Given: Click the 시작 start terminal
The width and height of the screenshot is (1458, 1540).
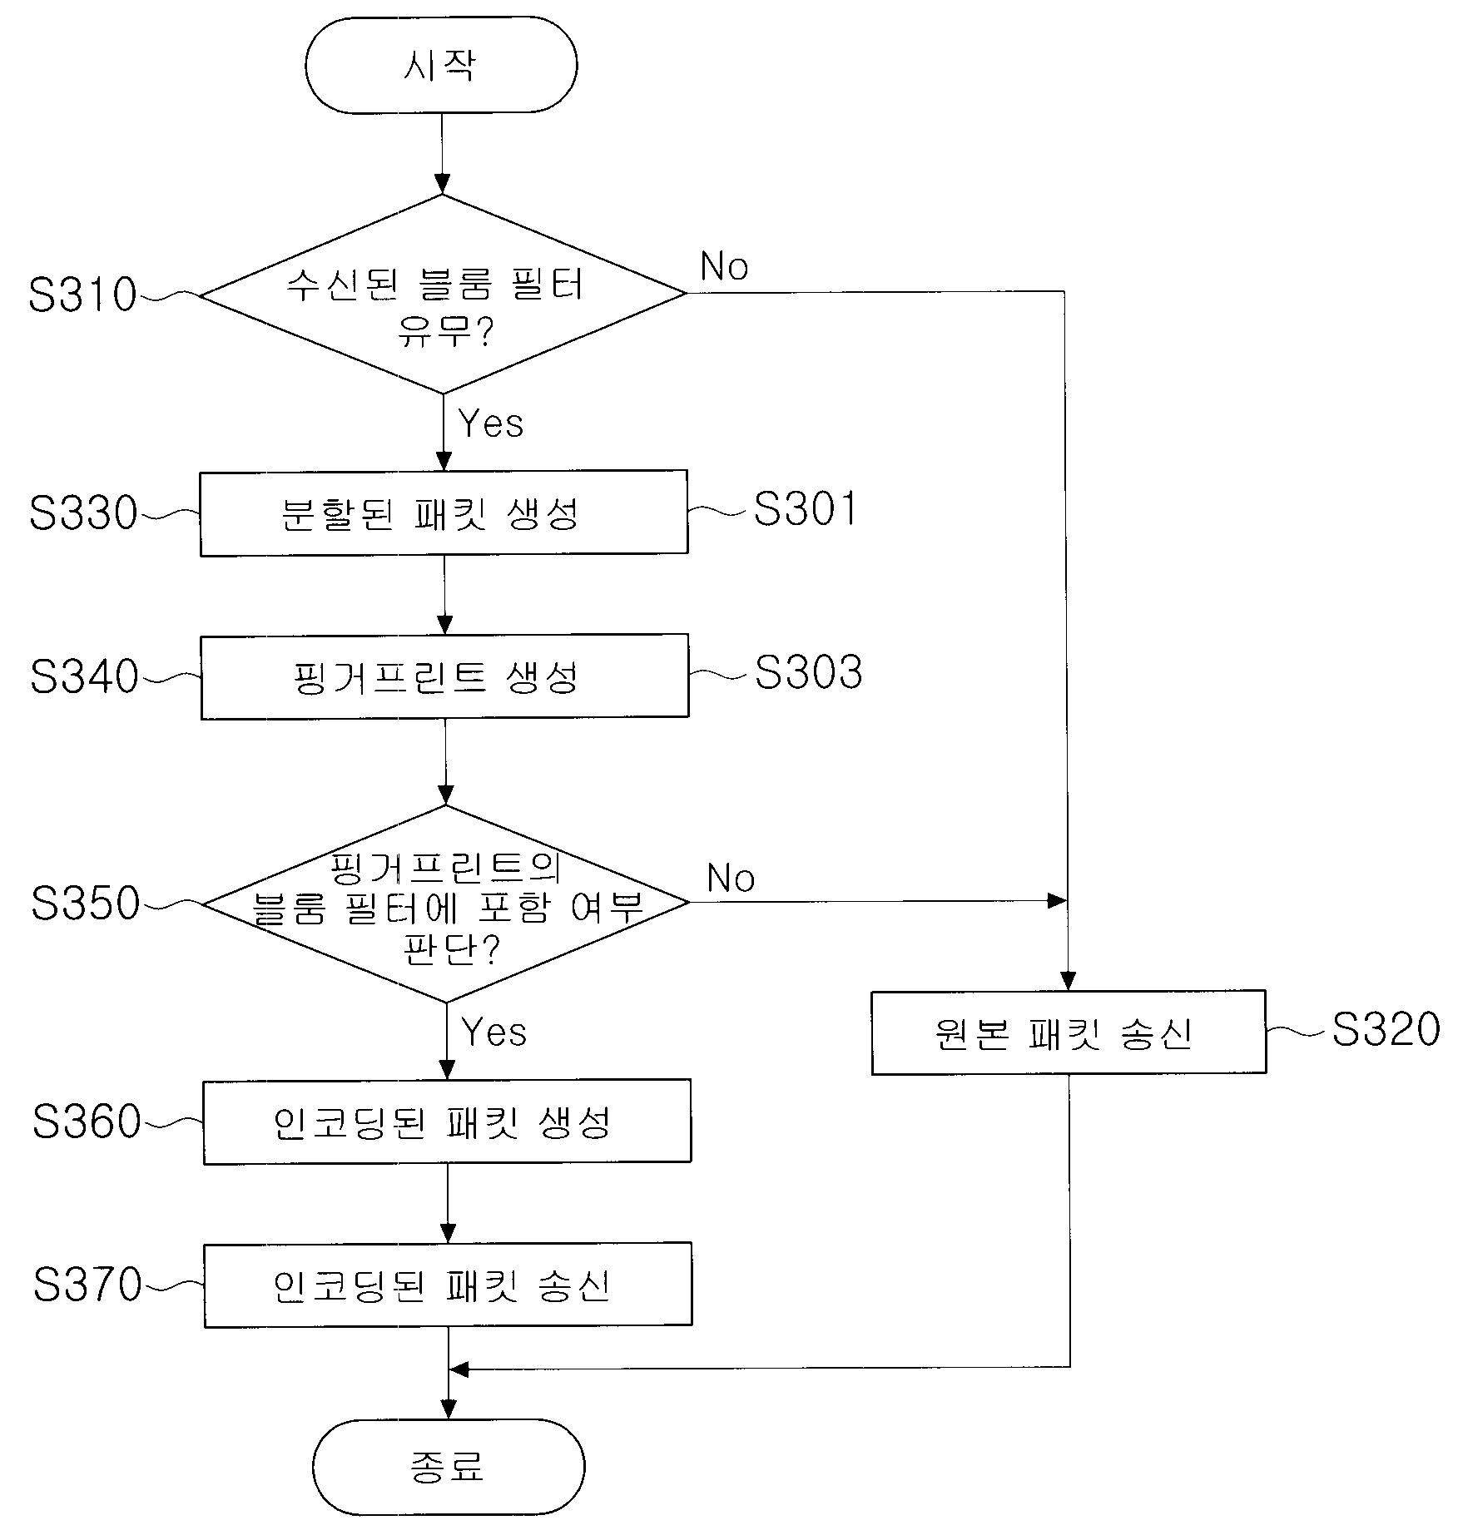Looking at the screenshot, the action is point(440,65).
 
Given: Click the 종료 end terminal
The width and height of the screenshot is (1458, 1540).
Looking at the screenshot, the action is point(448,1467).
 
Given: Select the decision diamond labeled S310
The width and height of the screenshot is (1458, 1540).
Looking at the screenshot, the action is point(443,294).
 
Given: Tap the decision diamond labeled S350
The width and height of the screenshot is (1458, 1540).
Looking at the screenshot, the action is point(446,904).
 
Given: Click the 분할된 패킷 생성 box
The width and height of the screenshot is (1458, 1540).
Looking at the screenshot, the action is point(444,513).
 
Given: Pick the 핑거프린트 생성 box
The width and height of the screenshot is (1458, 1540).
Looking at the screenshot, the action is point(444,676).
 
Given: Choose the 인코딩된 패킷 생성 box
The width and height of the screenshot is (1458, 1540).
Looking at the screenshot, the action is point(447,1122).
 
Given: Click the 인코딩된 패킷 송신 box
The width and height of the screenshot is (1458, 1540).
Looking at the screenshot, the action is point(448,1285).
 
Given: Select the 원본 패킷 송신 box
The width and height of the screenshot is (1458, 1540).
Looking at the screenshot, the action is point(1069,1032).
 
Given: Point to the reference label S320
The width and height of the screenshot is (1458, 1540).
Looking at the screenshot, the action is point(1386,1029).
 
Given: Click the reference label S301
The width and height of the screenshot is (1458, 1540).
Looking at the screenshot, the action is point(805,508).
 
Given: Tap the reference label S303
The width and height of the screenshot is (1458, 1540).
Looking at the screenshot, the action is point(808,672).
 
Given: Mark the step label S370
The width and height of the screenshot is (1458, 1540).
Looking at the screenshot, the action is point(87,1284).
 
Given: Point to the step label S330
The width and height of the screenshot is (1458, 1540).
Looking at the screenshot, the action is point(83,513).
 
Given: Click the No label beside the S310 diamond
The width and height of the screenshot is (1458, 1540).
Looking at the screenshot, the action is point(724,266).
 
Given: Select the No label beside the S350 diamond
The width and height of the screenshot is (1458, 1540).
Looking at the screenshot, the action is point(731,878).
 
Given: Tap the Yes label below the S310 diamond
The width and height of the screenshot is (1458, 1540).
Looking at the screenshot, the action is point(491,423).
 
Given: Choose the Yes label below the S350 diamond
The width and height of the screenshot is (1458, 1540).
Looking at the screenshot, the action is point(494,1032).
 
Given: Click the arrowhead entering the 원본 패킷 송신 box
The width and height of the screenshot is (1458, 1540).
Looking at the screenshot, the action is point(1069,982).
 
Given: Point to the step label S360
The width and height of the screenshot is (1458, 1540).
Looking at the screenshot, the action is point(87,1121).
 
